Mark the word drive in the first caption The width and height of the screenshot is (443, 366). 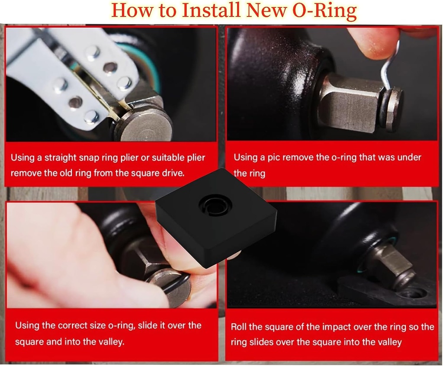(174, 173)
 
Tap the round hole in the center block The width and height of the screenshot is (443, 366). (215, 205)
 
